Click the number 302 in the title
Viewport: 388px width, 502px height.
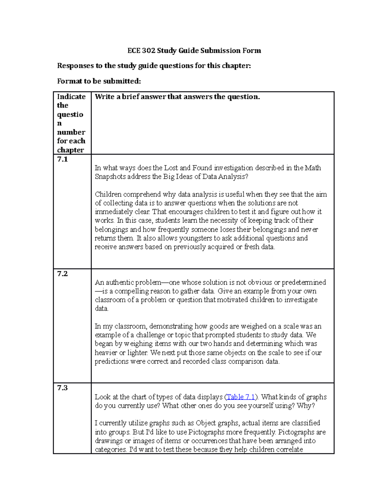click(148, 50)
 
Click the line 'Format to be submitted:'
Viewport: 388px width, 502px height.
click(99, 81)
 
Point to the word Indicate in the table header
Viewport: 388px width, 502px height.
click(71, 97)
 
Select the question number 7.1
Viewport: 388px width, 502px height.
click(62, 159)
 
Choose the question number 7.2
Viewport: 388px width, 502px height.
click(62, 274)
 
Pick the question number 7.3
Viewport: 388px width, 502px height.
click(62, 388)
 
